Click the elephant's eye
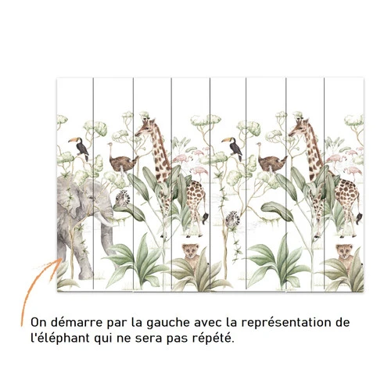tap(91, 198)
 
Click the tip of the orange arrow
tap(61, 259)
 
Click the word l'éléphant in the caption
tap(60, 339)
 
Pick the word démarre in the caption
tap(76, 323)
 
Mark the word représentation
tap(285, 323)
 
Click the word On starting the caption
tap(38, 323)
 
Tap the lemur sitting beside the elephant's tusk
tap(123, 199)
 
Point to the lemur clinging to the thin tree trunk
tap(232, 221)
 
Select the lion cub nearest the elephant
tap(191, 254)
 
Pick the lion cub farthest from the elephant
tap(344, 254)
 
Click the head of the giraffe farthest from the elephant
tap(300, 128)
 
